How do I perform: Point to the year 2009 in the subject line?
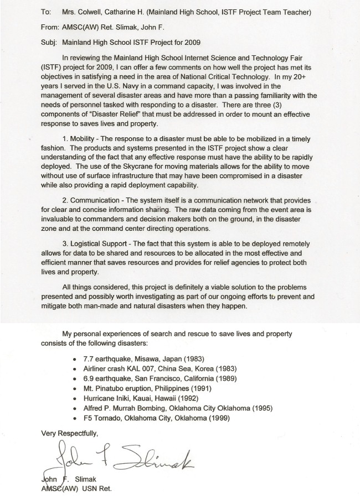coord(191,41)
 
